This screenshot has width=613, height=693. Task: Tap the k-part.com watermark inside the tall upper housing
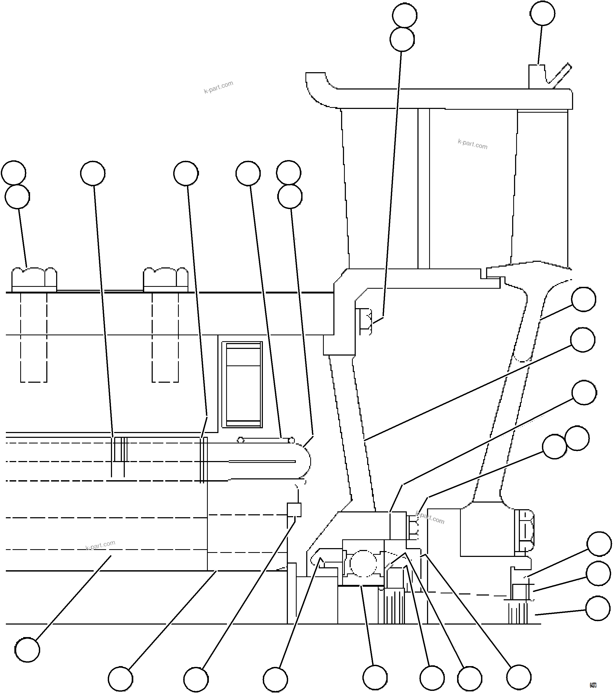click(473, 144)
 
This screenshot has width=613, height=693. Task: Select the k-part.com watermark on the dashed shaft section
click(100, 545)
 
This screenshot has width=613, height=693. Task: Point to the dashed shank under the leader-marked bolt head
click(34, 337)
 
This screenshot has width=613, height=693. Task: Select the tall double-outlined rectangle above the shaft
click(242, 385)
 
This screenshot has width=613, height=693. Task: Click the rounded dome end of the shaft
click(305, 462)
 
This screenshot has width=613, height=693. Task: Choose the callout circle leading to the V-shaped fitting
click(542, 13)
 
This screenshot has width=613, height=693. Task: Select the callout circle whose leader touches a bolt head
click(17, 197)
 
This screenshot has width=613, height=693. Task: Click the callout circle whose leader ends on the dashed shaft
click(27, 649)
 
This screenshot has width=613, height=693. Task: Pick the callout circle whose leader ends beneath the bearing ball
click(375, 677)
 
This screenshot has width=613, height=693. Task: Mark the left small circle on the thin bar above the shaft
click(241, 440)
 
